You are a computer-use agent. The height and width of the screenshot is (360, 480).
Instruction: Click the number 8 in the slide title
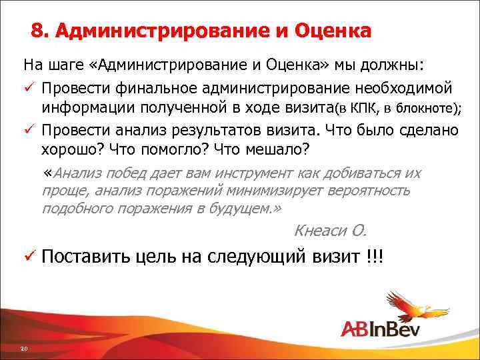(37, 32)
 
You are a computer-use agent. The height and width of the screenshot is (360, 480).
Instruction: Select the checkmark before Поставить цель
(29, 257)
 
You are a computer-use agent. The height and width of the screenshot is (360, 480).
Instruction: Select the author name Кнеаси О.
(330, 231)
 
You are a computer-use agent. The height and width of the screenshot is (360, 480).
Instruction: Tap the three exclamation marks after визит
(375, 257)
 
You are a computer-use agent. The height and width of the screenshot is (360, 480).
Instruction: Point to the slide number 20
(23, 349)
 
